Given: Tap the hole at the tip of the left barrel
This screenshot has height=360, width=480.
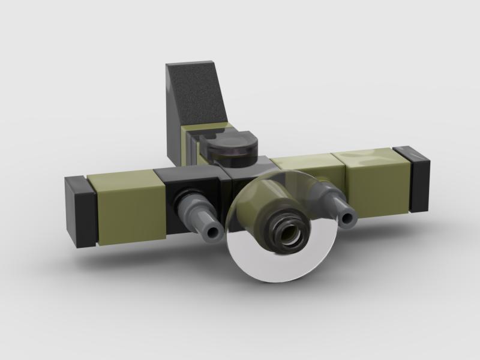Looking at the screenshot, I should tap(212, 231).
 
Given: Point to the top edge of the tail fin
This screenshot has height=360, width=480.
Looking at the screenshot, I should tap(191, 64).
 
